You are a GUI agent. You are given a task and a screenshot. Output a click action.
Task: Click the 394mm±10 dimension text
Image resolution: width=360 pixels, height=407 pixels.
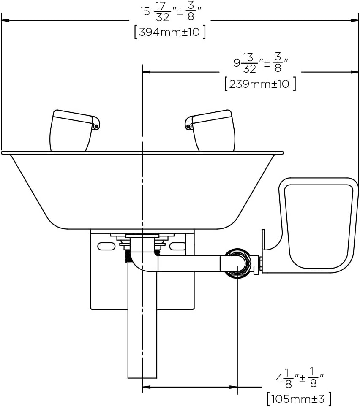(x=169, y=32)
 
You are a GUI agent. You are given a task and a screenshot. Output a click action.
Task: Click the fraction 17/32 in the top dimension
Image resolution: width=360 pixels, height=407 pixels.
(x=163, y=12)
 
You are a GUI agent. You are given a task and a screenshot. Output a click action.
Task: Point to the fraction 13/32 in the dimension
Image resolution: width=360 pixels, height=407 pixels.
(x=249, y=63)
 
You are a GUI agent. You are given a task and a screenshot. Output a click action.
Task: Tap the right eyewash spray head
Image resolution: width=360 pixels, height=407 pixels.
(x=210, y=130)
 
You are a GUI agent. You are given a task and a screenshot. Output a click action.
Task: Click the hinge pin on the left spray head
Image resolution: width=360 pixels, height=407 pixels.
(x=96, y=126)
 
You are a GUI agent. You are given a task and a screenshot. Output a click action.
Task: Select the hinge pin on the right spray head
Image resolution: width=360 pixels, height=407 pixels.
(x=188, y=126)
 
